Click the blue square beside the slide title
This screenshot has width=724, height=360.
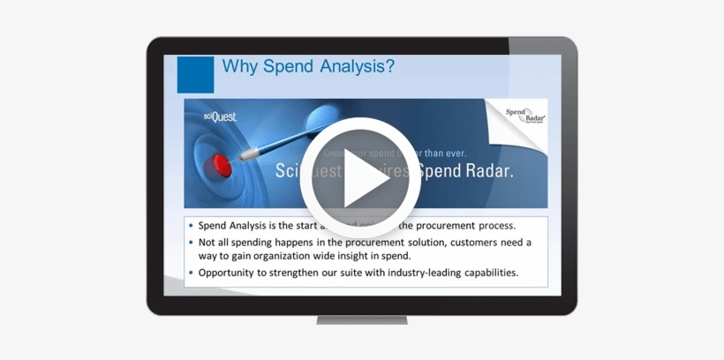tap(195, 74)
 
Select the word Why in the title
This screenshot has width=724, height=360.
tap(239, 66)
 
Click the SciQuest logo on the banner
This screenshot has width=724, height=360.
tap(220, 116)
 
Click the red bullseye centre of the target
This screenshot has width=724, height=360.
tap(222, 165)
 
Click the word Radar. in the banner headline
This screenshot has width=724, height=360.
tap(483, 170)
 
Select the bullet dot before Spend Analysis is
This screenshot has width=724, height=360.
tap(192, 225)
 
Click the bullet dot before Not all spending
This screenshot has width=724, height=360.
tap(192, 242)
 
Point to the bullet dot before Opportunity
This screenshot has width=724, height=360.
tap(192, 273)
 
